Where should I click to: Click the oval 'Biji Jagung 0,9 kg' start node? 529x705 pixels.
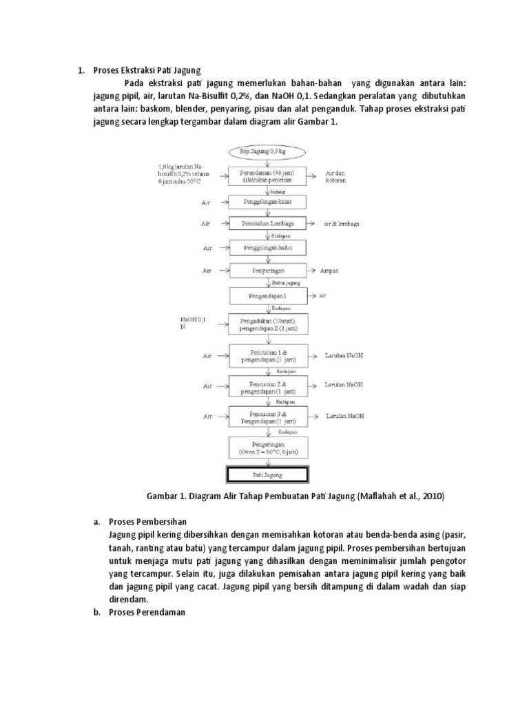pyautogui.click(x=269, y=150)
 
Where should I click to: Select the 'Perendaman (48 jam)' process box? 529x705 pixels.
pyautogui.click(x=269, y=176)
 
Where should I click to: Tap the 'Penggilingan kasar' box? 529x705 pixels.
pyautogui.click(x=269, y=202)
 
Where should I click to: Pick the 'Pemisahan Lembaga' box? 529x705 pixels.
pyautogui.click(x=269, y=224)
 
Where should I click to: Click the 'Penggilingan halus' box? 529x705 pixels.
pyautogui.click(x=269, y=246)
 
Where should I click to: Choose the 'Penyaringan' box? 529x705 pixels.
pyautogui.click(x=269, y=271)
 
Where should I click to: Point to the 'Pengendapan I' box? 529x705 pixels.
pyautogui.click(x=269, y=296)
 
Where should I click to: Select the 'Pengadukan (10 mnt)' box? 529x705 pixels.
pyautogui.click(x=269, y=325)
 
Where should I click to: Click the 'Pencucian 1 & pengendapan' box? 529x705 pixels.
pyautogui.click(x=269, y=357)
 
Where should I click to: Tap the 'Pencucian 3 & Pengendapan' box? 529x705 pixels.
pyautogui.click(x=269, y=416)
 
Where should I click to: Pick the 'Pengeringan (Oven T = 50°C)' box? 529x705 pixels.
pyautogui.click(x=269, y=448)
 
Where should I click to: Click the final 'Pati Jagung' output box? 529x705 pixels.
pyautogui.click(x=269, y=474)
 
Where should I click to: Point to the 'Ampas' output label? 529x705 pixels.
pyautogui.click(x=329, y=271)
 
